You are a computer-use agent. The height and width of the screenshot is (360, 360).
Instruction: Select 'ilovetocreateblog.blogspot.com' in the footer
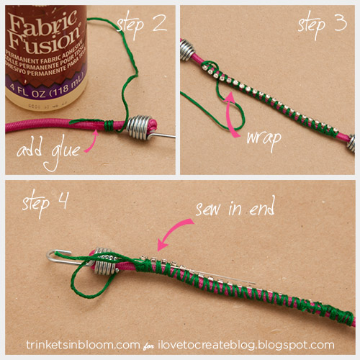[248, 345]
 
